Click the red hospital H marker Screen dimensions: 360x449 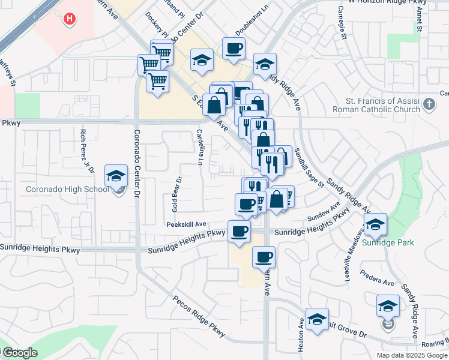coord(70,19)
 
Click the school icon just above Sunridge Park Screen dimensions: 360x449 coord(375,224)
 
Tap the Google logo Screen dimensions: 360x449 coord(20,353)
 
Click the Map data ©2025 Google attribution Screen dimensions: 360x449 coord(411,355)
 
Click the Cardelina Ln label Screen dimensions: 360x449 coord(199,147)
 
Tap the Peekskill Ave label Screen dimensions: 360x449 coord(187,224)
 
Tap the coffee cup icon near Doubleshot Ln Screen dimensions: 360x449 coord(234,48)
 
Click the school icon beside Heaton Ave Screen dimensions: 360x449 coord(317,319)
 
